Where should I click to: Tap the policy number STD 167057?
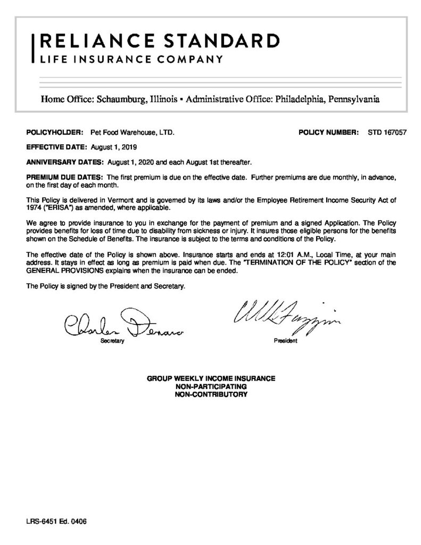pyautogui.click(x=387, y=131)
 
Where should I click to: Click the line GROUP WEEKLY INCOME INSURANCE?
pyautogui.click(x=211, y=378)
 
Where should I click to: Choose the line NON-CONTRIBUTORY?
pyautogui.click(x=211, y=395)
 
